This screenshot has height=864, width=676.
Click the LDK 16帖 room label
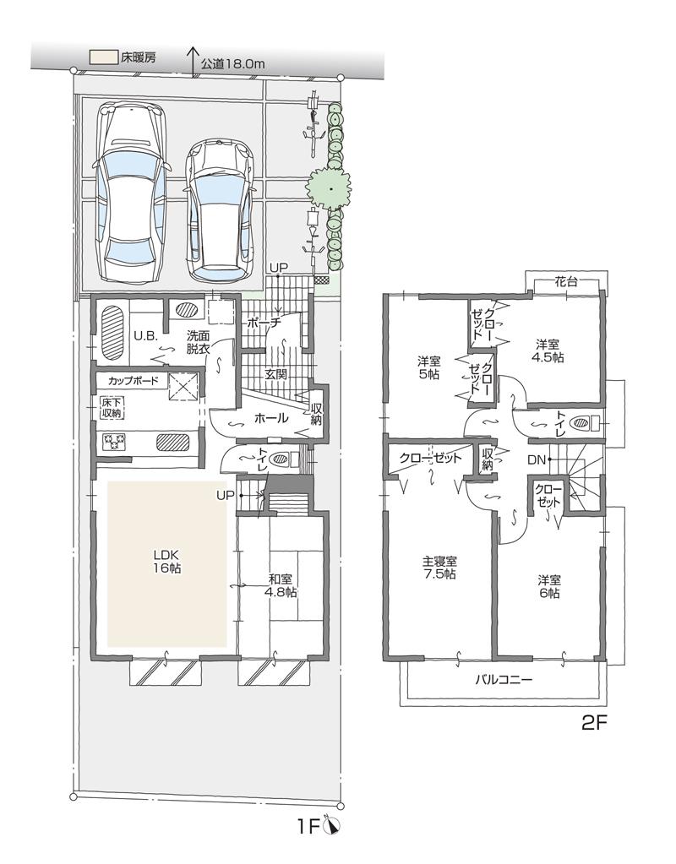point(167,562)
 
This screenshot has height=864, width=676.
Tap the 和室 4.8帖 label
point(281,585)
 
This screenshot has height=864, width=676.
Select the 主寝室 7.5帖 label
point(439,568)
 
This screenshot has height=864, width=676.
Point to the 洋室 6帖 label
point(549,587)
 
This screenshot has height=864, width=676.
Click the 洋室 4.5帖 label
point(549,350)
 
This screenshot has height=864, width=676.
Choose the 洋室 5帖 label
point(427,367)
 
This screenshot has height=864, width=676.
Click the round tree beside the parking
point(330,187)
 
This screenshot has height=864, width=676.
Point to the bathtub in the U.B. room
point(112,332)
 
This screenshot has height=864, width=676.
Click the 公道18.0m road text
point(233,62)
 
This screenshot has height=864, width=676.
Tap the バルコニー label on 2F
point(503,679)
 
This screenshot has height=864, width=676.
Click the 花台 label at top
point(566,282)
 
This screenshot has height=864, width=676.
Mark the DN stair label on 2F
point(535,460)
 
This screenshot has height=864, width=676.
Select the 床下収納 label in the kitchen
point(112,407)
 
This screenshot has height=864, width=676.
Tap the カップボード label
point(133,381)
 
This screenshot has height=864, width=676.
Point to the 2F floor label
point(595,723)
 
